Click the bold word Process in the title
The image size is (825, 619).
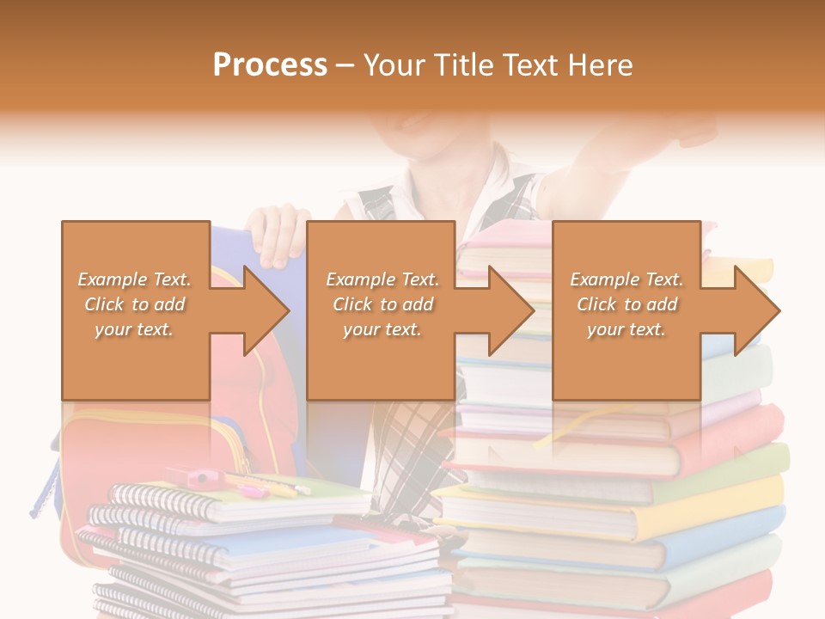[x=270, y=65]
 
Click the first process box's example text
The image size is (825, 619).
[x=134, y=304]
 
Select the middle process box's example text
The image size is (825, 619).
[x=382, y=304]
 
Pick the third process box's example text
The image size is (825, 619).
[x=626, y=304]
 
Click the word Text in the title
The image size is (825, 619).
[x=532, y=65]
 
